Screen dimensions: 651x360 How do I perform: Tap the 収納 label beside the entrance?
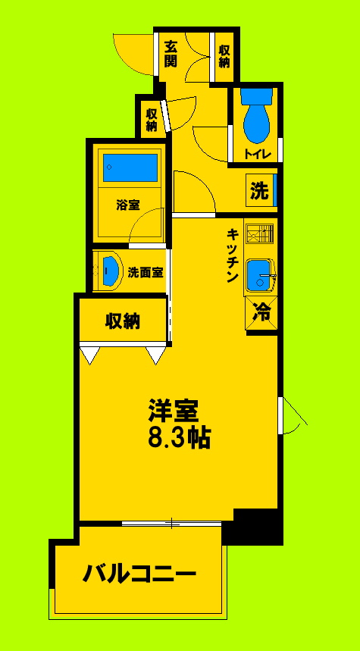pos(224,55)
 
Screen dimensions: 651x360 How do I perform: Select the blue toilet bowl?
pos(256,117)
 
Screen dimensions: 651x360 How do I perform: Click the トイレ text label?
pos(255,155)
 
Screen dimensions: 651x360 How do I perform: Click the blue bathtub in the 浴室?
pos(130,167)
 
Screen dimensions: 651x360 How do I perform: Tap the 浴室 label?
pos(127,205)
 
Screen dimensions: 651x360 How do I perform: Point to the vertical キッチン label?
pos(232,256)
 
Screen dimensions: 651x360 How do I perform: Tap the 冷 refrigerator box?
pos(261,311)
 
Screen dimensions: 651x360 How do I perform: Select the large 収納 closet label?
pos(123,321)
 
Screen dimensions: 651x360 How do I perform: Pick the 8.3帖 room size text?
pos(179,437)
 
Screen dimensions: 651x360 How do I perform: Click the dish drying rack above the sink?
pos(261,233)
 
